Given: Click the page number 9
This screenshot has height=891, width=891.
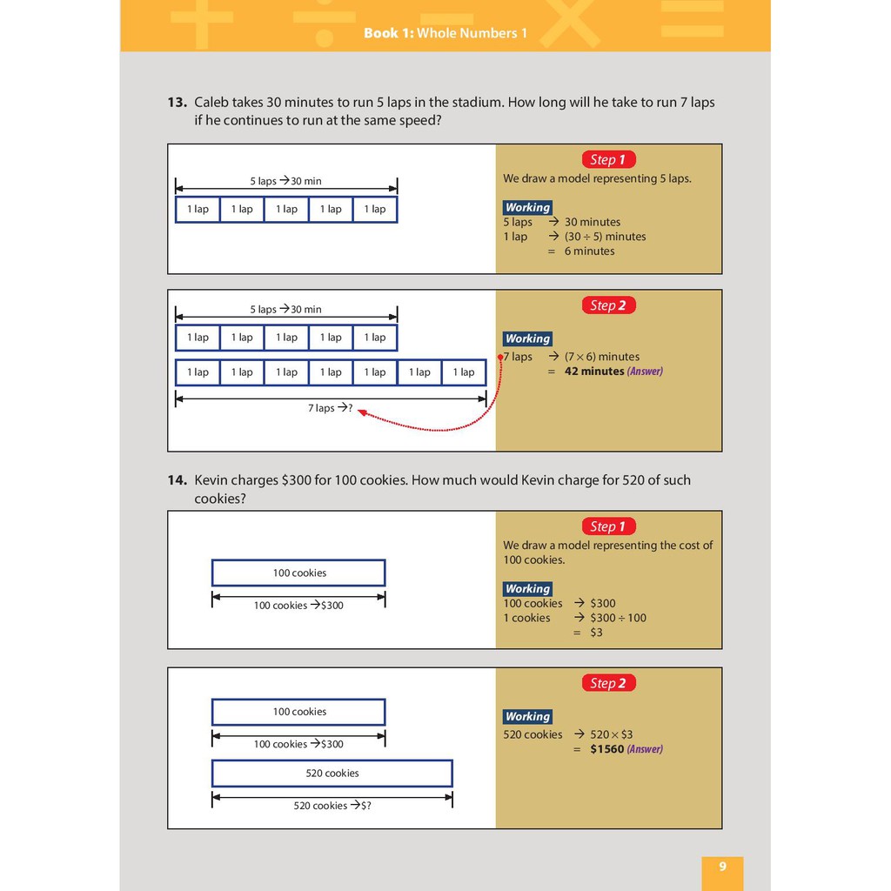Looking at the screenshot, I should tap(722, 867).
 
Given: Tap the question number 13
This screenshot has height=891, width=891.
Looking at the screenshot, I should tap(177, 103).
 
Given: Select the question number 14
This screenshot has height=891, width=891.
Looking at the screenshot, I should tap(177, 480).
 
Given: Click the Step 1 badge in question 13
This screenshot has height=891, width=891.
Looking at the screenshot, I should tap(608, 159).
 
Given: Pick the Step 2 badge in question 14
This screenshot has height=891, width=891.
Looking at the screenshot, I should tap(608, 683).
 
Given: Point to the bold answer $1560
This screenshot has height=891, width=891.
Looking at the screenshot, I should tap(607, 749).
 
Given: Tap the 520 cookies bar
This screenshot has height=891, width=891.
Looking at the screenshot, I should tap(332, 774).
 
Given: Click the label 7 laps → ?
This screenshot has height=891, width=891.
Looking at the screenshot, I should tap(331, 408).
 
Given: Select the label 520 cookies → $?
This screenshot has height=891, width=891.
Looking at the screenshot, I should tap(332, 806).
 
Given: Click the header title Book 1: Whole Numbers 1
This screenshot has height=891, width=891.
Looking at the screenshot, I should tap(445, 33).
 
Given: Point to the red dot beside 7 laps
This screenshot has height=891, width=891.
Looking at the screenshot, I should tap(500, 357).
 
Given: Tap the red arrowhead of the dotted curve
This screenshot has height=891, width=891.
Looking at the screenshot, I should tap(361, 413).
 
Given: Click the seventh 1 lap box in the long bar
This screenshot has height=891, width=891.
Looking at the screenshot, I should tap(464, 372).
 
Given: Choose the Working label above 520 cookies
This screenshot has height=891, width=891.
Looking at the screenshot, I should tap(527, 717).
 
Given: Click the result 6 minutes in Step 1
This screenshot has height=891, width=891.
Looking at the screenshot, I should tap(589, 251).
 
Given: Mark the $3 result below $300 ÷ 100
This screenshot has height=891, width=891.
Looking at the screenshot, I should tap(596, 633).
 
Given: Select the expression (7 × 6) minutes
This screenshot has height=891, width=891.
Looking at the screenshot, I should tap(601, 357).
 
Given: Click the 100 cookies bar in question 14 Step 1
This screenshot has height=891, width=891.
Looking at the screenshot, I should tap(298, 573).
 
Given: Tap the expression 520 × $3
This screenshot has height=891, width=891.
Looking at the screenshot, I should tap(611, 734).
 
